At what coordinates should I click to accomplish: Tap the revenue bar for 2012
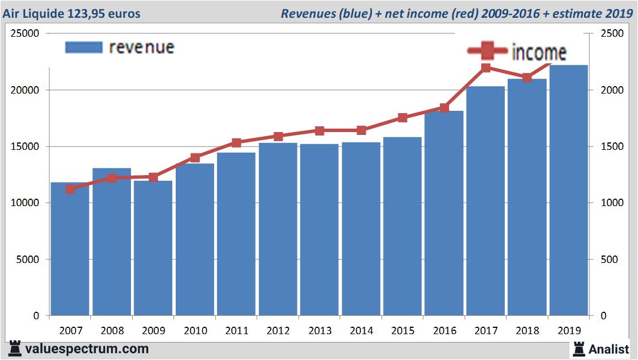pos(278,229)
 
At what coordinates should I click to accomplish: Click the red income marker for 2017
pos(486,68)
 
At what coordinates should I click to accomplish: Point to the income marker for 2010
pos(195,158)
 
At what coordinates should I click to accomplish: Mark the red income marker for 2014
pos(361,130)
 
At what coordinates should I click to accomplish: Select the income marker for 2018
pos(527,78)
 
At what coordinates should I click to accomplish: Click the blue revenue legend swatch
pos(84,47)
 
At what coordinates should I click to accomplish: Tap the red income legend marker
pos(486,51)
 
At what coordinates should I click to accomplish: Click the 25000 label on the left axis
pos(25,33)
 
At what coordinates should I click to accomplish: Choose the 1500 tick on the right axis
pos(611,146)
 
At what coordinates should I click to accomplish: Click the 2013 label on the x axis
pos(320,331)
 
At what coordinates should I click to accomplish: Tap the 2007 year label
pos(71,331)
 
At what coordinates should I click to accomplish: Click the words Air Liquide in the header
pos(35,13)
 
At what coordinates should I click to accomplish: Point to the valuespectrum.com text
pos(87,349)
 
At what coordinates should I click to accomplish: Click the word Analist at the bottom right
pos(609,349)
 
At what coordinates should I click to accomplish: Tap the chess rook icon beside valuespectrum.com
pos(15,349)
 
